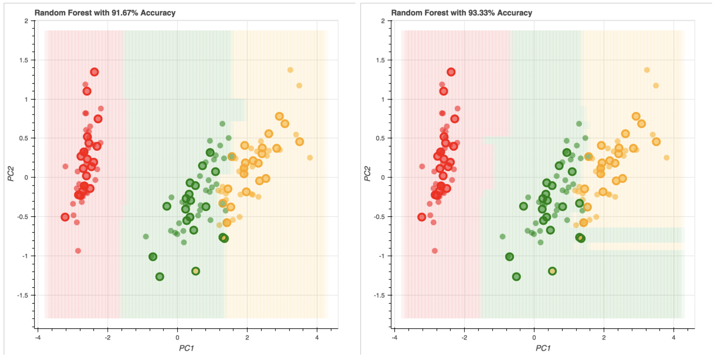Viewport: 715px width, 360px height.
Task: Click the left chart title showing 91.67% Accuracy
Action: point(105,13)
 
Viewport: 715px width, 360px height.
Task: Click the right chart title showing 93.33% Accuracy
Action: point(462,13)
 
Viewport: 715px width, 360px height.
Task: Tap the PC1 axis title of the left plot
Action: point(186,348)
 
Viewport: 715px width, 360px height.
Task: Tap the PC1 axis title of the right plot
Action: point(543,348)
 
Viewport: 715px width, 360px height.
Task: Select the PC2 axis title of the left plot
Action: point(11,173)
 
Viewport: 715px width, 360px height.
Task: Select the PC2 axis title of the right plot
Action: point(368,173)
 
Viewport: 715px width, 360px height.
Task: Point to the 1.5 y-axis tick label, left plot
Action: point(24,60)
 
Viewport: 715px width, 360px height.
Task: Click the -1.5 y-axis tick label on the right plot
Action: point(379,295)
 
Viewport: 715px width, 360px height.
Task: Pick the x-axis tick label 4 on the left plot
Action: point(317,338)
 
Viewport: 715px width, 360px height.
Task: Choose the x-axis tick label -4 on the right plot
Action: point(394,338)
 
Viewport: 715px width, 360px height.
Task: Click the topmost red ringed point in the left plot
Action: point(94,72)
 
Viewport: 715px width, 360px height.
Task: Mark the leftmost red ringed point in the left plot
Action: point(65,217)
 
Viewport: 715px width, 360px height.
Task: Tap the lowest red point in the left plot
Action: point(78,251)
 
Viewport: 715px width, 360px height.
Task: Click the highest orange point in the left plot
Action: point(290,70)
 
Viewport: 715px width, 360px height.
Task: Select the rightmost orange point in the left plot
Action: point(310,158)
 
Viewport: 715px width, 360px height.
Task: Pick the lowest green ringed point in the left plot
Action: point(160,277)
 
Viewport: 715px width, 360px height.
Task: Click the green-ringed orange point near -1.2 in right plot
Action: point(552,271)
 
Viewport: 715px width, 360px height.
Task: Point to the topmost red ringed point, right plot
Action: point(451,72)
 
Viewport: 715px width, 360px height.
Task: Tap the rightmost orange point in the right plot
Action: point(667,158)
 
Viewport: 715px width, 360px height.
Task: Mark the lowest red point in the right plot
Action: point(435,251)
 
